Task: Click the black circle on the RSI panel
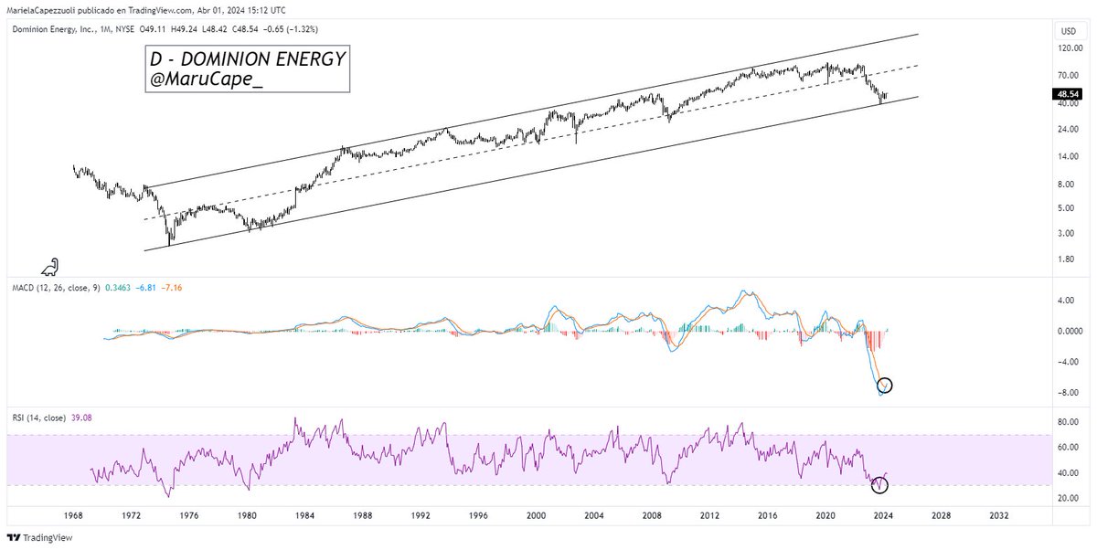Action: [879, 483]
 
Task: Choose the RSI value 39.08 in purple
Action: [81, 418]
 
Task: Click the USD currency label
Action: [1065, 31]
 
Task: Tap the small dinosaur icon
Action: [51, 267]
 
